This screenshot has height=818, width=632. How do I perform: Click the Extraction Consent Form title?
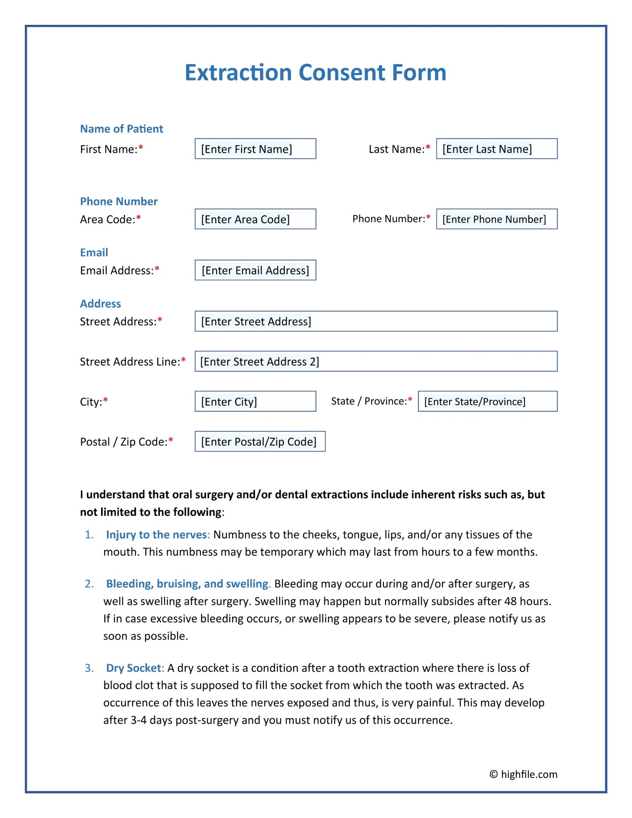pos(315,72)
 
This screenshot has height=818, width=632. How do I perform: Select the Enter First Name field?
pos(255,149)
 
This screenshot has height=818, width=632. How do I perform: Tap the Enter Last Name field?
pos(496,149)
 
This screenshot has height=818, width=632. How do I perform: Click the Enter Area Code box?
pos(255,219)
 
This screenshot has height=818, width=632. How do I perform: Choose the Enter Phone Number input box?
pos(496,219)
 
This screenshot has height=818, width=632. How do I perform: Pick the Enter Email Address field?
pos(255,270)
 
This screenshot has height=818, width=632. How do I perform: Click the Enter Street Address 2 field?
pos(376,362)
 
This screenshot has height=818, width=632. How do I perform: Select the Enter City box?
pos(255,402)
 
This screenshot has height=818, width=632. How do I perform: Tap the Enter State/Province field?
pos(487,402)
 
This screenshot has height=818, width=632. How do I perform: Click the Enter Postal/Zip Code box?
pos(260,442)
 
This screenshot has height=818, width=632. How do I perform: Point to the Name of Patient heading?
pos(121,129)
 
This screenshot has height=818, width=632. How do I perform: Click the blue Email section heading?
pos(94,252)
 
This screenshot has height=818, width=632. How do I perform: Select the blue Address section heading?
pos(100,304)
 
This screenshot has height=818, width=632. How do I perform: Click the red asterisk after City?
pos(106,400)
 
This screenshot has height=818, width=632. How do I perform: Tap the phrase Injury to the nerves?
pos(156,535)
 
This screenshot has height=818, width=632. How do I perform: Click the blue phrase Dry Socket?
pos(133,668)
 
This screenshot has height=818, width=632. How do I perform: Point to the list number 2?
pos(89,584)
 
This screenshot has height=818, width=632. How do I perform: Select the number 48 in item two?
pos(510,601)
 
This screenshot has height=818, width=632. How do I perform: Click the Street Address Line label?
pos(130,362)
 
